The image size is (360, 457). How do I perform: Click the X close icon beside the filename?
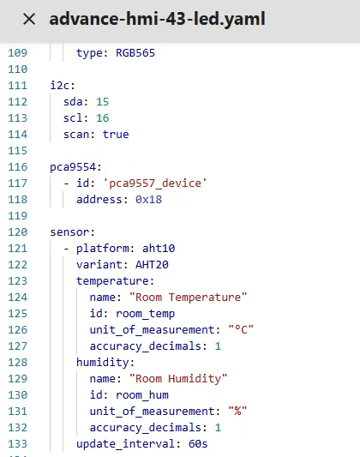pyautogui.click(x=29, y=19)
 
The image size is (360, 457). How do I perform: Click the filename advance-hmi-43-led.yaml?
pyautogui.click(x=157, y=19)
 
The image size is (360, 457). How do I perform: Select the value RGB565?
pyautogui.click(x=135, y=53)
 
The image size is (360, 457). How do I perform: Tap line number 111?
pyautogui.click(x=18, y=86)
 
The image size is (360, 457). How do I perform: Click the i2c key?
pyautogui.click(x=63, y=86)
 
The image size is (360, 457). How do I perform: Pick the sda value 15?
pyautogui.click(x=103, y=102)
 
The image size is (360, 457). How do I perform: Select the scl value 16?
pyautogui.click(x=103, y=118)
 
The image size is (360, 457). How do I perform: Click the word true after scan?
pyautogui.click(x=116, y=135)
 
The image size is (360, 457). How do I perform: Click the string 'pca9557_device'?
pyautogui.click(x=155, y=183)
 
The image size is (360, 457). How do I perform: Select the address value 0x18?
pyautogui.click(x=148, y=200)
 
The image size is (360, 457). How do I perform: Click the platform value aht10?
pyautogui.click(x=159, y=249)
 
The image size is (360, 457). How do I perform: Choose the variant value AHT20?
pyautogui.click(x=152, y=265)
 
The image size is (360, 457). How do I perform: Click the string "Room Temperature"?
pyautogui.click(x=188, y=298)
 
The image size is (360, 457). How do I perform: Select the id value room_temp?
pyautogui.click(x=146, y=314)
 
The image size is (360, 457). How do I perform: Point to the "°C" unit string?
pyautogui.click(x=241, y=329)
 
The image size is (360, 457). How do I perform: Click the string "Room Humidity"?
pyautogui.click(x=178, y=379)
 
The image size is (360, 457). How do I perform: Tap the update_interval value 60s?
pyautogui.click(x=198, y=444)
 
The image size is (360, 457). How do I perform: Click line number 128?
pyautogui.click(x=18, y=363)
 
